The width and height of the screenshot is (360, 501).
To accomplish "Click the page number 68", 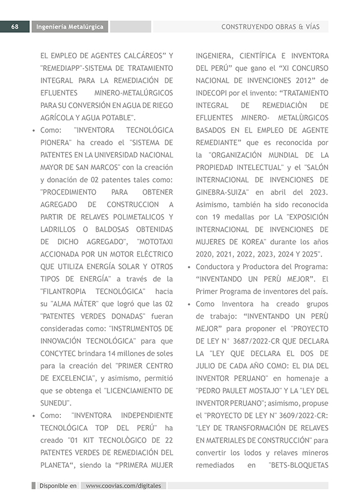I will click(x=15, y=27).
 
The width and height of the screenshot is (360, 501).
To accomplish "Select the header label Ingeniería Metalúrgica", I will click(x=70, y=27).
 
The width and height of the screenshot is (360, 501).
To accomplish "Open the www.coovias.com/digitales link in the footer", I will click(x=124, y=485).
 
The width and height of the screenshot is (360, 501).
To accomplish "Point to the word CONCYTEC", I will click(x=60, y=353).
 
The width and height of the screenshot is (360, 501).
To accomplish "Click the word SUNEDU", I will click(x=56, y=403).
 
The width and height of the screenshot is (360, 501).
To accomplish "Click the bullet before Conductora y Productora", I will click(x=189, y=267).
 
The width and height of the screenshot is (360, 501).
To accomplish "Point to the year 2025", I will click(x=312, y=254).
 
